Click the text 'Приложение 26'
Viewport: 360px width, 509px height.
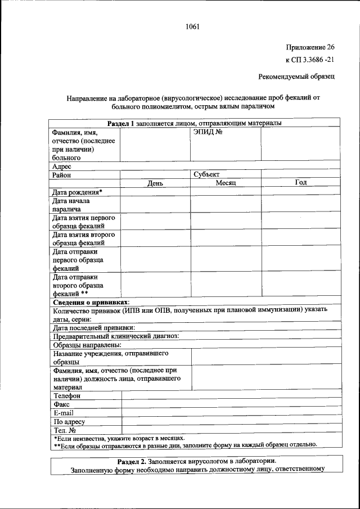tap(310, 47)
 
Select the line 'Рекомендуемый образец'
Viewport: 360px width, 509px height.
tap(296, 76)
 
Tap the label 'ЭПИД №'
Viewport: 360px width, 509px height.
tap(205, 132)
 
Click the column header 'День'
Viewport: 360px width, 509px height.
tap(155, 183)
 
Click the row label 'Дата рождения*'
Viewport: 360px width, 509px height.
tap(78, 192)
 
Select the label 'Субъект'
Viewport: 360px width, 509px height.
tap(206, 175)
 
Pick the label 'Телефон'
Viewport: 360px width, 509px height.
tap(67, 395)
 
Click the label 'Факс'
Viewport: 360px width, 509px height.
tap(62, 404)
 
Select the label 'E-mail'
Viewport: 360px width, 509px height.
tap(64, 412)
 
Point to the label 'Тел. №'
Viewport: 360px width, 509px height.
tap(64, 430)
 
